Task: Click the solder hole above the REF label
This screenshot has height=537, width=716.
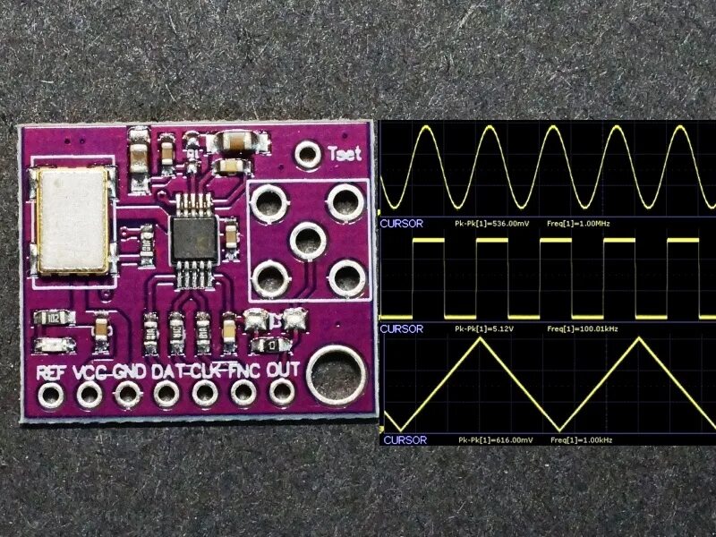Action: (x=47, y=391)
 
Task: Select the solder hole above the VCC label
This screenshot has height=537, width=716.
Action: (x=88, y=392)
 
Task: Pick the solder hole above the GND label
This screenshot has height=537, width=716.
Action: (x=127, y=392)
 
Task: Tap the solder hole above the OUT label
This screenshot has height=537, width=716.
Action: (x=284, y=390)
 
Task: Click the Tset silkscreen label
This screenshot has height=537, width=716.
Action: (x=345, y=153)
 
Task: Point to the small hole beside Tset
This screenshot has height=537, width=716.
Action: (x=310, y=154)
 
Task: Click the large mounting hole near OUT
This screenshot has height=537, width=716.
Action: (x=334, y=375)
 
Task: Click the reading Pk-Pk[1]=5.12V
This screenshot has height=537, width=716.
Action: (x=482, y=328)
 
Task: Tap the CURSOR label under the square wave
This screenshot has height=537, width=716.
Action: (x=402, y=328)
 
